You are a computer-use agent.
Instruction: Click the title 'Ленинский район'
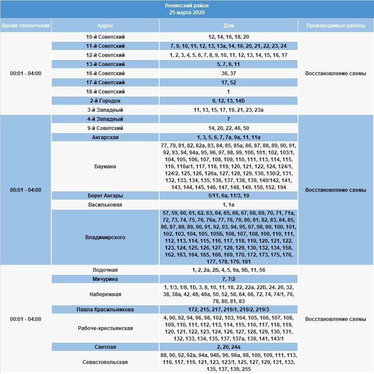click(x=187, y=6)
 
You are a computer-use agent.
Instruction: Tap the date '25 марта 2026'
click(x=187, y=13)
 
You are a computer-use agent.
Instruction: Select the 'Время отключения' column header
click(x=26, y=26)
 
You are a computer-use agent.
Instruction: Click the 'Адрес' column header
click(x=105, y=26)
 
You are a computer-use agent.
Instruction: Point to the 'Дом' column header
click(x=228, y=26)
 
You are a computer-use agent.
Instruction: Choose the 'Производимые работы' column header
click(x=335, y=26)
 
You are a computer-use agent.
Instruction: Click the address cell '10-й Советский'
click(x=105, y=37)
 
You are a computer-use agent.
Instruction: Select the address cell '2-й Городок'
click(x=105, y=101)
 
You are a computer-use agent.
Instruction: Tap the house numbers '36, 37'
click(x=228, y=73)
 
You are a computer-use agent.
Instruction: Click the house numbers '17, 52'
click(x=228, y=83)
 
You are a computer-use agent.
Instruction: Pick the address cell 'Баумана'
click(x=105, y=167)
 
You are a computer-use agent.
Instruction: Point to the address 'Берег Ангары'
click(x=105, y=196)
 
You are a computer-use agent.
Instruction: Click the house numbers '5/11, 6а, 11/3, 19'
click(x=228, y=196)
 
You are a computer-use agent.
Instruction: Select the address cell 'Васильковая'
click(x=105, y=205)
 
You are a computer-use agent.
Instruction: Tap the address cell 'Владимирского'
click(x=105, y=237)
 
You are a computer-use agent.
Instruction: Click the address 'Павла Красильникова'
click(x=105, y=310)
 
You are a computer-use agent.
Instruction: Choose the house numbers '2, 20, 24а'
click(x=228, y=347)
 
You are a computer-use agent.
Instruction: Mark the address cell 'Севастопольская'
click(x=105, y=362)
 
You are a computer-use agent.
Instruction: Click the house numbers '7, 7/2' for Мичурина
click(x=228, y=279)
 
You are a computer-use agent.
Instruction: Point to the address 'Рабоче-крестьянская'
click(x=105, y=328)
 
